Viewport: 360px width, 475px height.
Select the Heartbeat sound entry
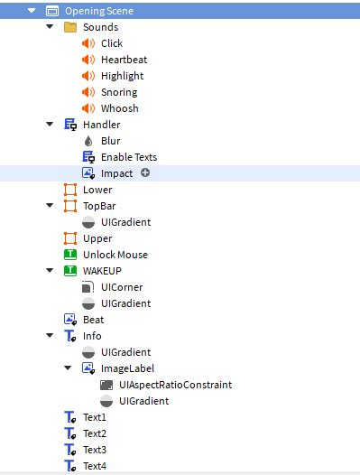124,60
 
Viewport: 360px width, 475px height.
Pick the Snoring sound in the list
119,92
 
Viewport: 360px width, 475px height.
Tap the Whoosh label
119,108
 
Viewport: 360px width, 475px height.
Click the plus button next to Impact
145,172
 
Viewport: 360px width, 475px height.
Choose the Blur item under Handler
110,141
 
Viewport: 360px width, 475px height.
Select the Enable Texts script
128,157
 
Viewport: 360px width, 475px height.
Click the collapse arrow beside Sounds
50,27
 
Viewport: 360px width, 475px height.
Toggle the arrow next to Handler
50,125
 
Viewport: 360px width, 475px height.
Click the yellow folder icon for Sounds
69,27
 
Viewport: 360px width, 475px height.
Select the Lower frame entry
97,190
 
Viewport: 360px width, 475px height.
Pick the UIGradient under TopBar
125,222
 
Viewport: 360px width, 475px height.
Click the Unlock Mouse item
115,255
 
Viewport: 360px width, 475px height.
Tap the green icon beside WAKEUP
69,271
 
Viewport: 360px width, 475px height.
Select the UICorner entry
121,287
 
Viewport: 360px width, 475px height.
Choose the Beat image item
93,320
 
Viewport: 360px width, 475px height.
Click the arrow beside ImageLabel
68,368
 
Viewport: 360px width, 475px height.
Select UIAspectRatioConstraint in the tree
175,385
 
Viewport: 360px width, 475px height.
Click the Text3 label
94,450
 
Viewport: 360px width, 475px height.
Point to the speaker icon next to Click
88,43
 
